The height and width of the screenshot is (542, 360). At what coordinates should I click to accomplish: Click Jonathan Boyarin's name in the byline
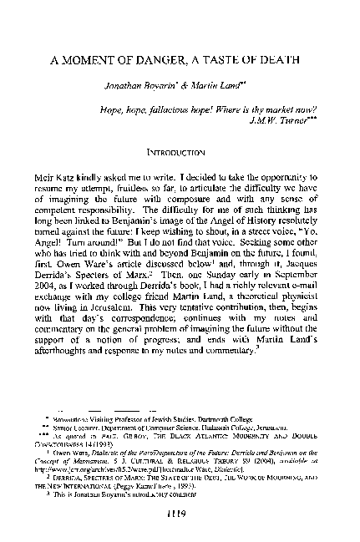[137, 85]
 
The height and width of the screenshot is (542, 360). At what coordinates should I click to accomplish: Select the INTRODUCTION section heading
[182, 154]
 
